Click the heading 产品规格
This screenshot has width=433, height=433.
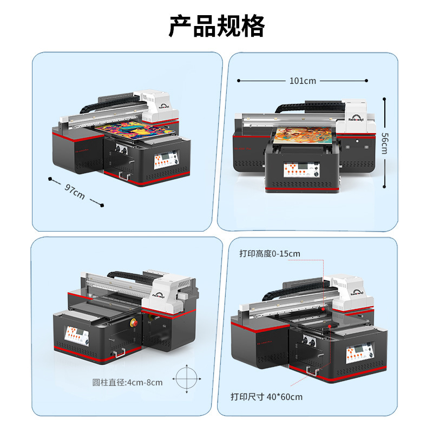click(x=216, y=26)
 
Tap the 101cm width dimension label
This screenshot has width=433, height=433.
click(x=303, y=81)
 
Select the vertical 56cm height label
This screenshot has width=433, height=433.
click(x=384, y=143)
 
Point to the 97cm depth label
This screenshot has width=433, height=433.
click(x=75, y=191)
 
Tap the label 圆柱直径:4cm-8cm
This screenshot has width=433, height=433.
click(x=127, y=383)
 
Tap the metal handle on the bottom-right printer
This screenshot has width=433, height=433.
click(x=312, y=371)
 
